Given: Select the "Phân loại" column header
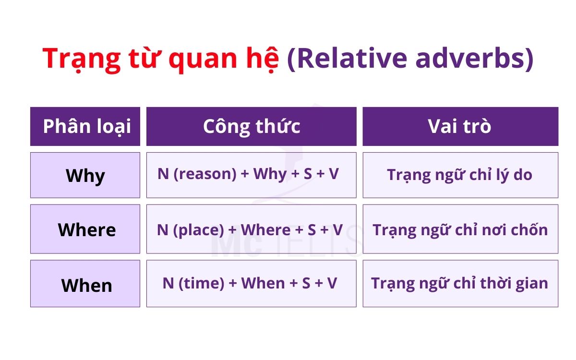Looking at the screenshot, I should (85, 126).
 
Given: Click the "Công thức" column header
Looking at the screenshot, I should (251, 126).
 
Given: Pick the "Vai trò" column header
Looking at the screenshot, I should (460, 126).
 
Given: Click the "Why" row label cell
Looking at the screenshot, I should (85, 175).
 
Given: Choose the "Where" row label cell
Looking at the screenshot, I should (85, 229).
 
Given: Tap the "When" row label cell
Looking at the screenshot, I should (85, 284).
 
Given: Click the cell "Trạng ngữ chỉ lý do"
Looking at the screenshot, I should (460, 175).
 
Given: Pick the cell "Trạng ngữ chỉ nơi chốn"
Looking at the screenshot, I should (460, 229).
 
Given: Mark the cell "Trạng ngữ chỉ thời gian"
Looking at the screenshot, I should (460, 284).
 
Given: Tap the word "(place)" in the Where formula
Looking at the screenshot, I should (198, 230).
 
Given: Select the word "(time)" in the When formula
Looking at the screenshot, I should (201, 284).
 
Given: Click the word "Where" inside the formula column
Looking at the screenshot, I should (265, 230).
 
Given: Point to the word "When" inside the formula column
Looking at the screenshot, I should (264, 284).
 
